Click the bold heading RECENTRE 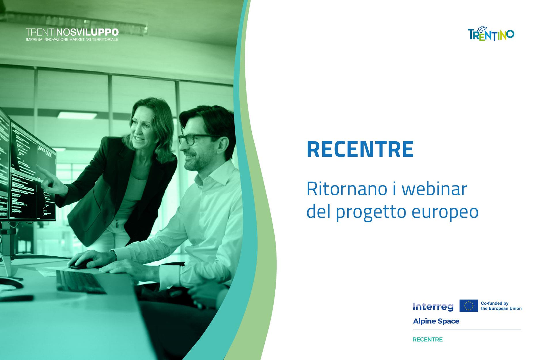coord(360,149)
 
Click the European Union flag coord(469,306)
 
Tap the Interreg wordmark coord(433,306)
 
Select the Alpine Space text coord(436,321)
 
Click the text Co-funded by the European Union coord(501,306)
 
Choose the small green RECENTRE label coord(428,340)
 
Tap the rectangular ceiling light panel coord(69,114)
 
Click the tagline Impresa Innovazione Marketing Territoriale coord(72,39)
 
